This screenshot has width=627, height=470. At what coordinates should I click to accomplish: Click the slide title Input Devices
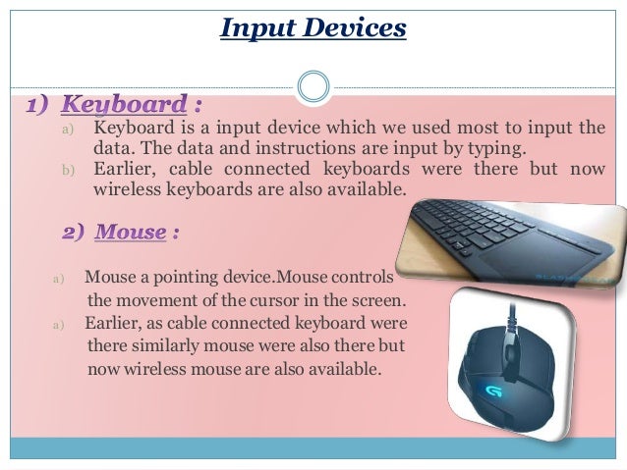click(313, 28)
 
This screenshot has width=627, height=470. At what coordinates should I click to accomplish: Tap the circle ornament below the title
click(313, 85)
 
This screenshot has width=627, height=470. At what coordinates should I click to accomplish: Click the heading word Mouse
click(132, 233)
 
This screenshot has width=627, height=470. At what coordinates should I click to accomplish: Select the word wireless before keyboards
click(125, 188)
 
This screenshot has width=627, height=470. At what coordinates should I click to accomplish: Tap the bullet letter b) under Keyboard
click(68, 170)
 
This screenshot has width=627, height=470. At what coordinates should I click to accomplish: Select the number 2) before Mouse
click(77, 233)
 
